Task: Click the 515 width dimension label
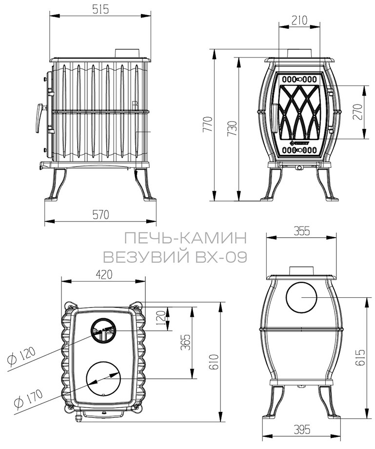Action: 100,9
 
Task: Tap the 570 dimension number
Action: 100,214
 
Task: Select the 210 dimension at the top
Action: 299,20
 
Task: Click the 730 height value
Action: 233,128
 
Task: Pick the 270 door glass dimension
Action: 357,112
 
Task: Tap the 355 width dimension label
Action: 302,231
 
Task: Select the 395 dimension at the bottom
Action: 302,429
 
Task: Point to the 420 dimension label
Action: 104,275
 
